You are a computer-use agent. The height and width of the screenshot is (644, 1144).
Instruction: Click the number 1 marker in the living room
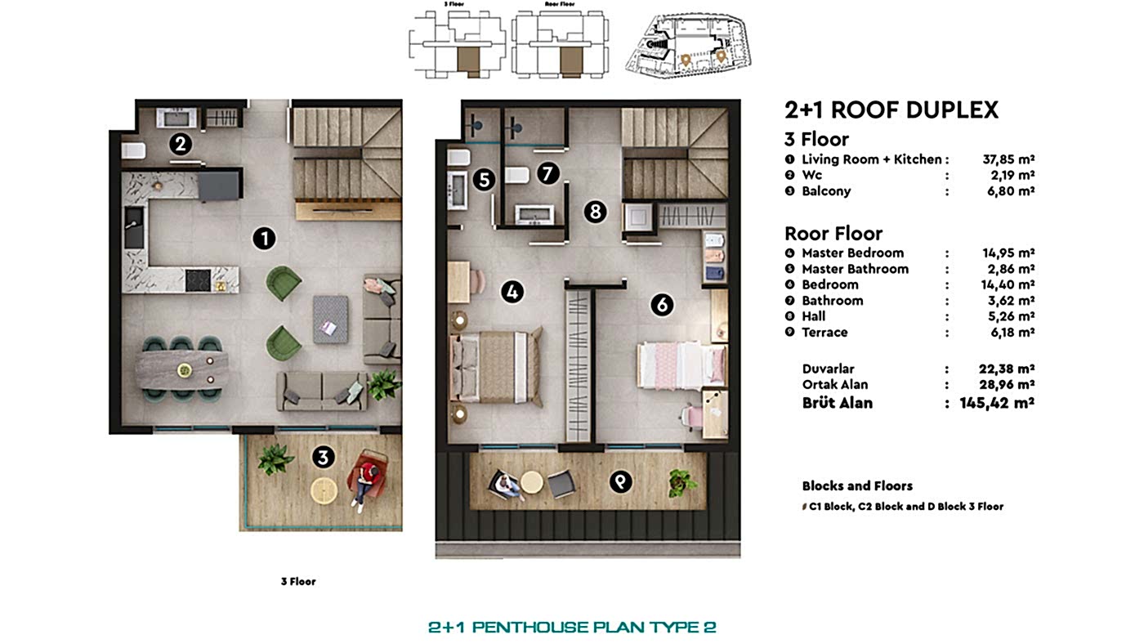point(263,239)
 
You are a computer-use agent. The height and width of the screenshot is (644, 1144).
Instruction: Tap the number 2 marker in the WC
point(181,145)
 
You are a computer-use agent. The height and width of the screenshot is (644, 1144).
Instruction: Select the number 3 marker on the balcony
point(324,458)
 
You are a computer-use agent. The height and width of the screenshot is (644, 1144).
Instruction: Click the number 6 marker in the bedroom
point(661,305)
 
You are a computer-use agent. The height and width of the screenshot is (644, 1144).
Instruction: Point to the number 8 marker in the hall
point(595,212)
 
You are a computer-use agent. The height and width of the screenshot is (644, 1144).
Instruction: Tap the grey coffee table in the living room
point(330,319)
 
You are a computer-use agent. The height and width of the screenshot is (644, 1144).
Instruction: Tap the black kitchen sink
point(134,227)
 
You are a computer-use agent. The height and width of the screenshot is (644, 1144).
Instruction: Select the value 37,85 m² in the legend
point(1008,159)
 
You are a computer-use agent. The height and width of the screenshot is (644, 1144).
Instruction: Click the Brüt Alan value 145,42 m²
point(997,403)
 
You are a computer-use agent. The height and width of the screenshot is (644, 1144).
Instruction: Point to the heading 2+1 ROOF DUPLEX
point(891,110)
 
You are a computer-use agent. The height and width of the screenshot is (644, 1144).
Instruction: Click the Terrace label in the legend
point(824,333)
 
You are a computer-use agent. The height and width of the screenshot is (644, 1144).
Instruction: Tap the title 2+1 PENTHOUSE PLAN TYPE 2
point(572,628)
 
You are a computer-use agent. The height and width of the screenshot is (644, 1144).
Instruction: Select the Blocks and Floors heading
point(857,486)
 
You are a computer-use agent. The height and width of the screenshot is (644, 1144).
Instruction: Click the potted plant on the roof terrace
point(682,482)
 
